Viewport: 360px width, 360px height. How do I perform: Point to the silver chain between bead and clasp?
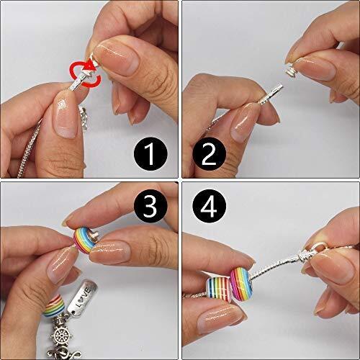point(277,263)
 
